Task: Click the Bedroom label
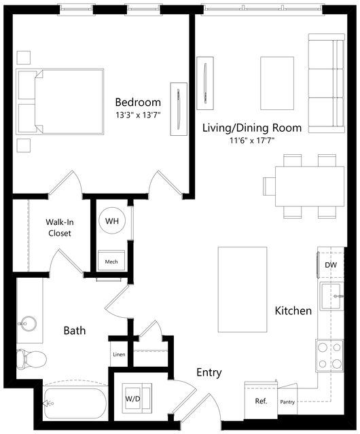pos(138,103)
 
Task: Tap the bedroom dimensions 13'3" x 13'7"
pos(138,115)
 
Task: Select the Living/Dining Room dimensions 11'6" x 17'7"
pos(252,141)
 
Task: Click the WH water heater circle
pos(112,221)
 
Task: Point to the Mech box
pos(111,260)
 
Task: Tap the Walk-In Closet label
pos(60,228)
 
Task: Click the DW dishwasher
pos(330,265)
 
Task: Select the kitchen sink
pos(330,296)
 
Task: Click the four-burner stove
pos(329,355)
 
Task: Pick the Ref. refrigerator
pos(261,400)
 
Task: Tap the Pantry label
pos(287,402)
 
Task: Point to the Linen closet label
pos(119,355)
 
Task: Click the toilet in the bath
pos(31,359)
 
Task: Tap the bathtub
pos(75,404)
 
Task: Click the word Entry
pos(209,373)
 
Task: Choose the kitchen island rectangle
pos(242,289)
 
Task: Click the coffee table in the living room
pos(277,83)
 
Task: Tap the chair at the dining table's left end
pos(269,186)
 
